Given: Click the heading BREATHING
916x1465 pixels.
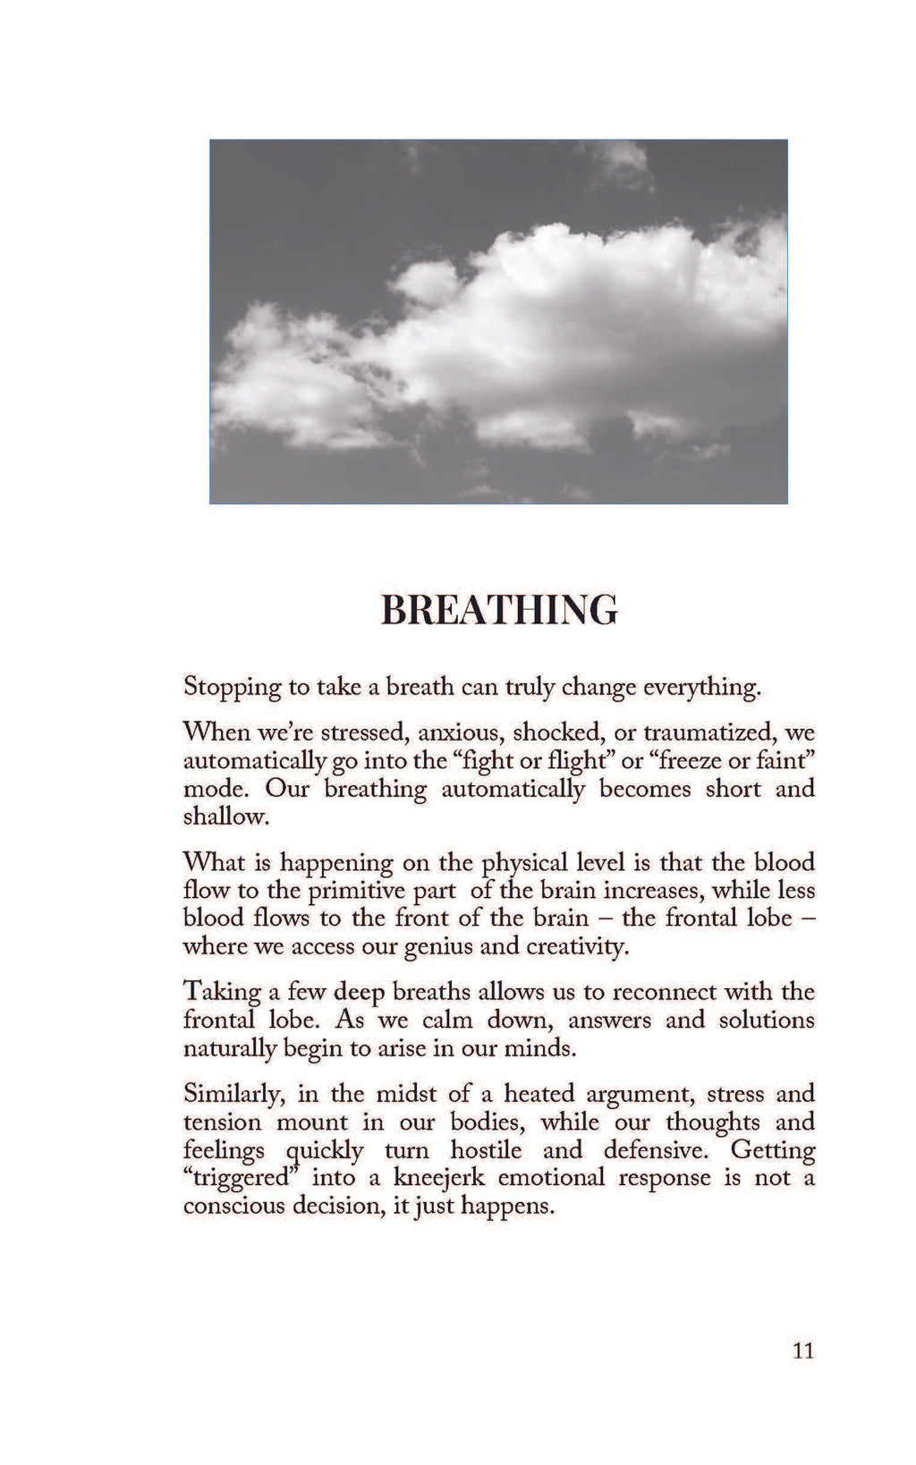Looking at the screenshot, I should (x=498, y=610).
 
